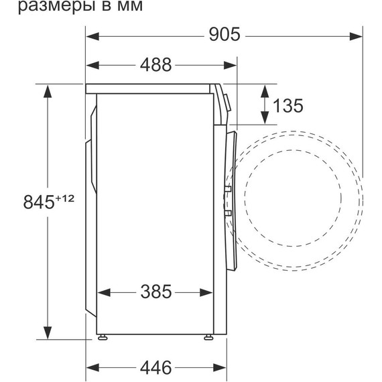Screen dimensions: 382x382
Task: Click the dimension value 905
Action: [x=223, y=35]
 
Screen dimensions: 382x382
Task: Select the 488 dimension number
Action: [x=156, y=65]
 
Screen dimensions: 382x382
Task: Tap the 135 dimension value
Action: [x=289, y=105]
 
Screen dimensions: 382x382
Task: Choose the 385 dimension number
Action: [x=156, y=292]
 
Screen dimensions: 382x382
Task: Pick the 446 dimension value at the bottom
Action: [x=156, y=368]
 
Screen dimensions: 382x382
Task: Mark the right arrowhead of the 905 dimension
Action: [x=358, y=35]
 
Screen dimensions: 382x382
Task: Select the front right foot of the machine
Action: [x=209, y=336]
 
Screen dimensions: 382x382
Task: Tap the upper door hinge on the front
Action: [x=228, y=190]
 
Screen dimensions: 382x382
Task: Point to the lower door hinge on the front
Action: [x=228, y=212]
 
